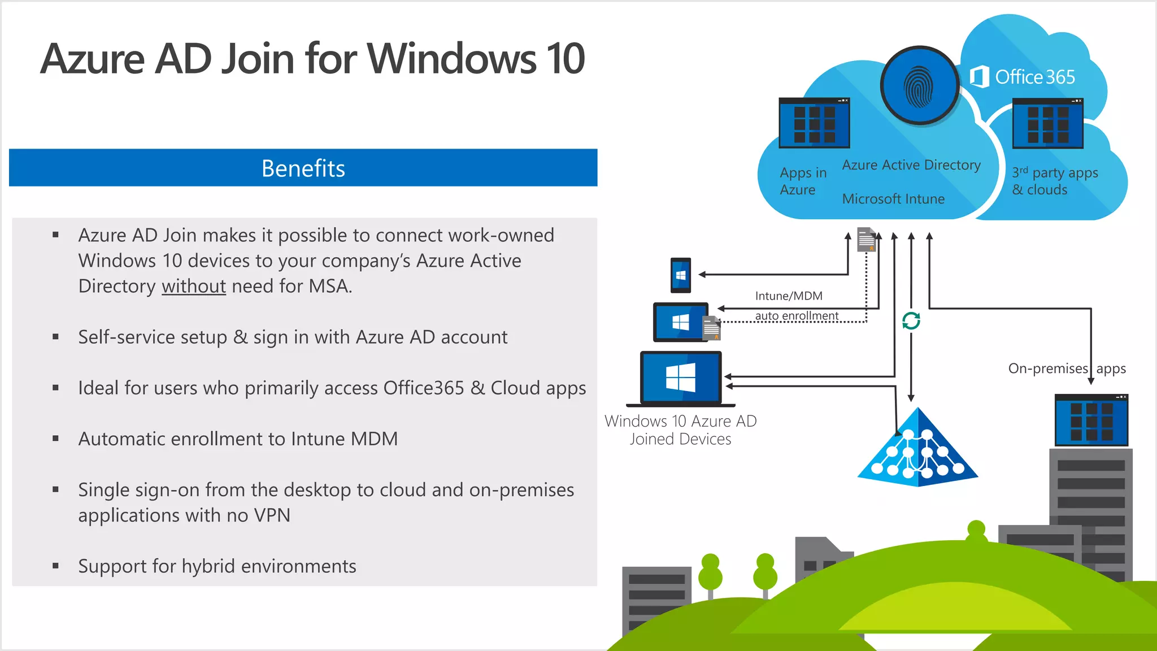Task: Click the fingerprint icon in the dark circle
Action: click(919, 86)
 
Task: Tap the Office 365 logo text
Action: click(1023, 77)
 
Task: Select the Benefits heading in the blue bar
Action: click(303, 168)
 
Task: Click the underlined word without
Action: click(194, 287)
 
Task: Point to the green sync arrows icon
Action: click(911, 320)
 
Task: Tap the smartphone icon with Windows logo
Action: click(681, 275)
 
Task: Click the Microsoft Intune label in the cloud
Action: click(893, 199)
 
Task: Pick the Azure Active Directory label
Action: click(911, 165)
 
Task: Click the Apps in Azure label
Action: click(802, 181)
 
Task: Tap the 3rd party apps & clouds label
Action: click(1054, 181)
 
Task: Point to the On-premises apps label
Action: click(1067, 368)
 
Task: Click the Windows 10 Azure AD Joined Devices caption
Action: click(680, 430)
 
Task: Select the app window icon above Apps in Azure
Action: click(814, 123)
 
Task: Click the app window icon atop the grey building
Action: click(1091, 420)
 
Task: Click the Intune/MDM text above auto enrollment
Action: click(789, 296)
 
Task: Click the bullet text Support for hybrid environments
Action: click(217, 566)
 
